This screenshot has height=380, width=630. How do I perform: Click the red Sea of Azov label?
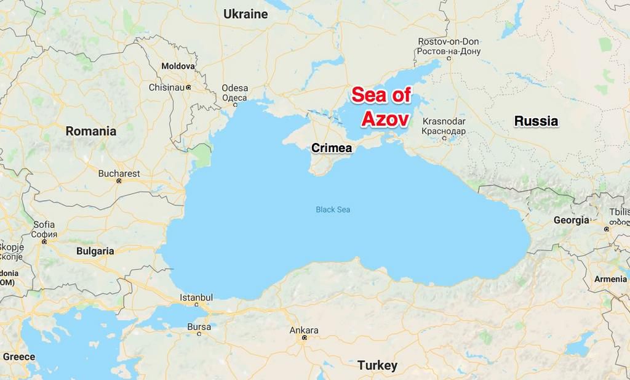(x=381, y=107)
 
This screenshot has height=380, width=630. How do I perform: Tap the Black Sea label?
(x=333, y=209)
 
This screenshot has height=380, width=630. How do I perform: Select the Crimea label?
(x=332, y=148)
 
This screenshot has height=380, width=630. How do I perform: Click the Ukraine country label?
(x=245, y=14)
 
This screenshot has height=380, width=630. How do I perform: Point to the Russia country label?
(x=536, y=121)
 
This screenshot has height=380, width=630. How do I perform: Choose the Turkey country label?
(x=377, y=365)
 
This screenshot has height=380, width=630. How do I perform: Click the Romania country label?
(x=90, y=131)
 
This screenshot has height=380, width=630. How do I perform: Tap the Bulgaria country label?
(x=95, y=251)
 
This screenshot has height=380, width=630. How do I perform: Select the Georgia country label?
(x=571, y=220)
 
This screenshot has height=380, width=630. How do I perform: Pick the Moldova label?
(x=178, y=66)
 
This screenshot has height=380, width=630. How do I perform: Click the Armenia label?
(x=610, y=279)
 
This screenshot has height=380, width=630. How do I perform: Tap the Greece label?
(x=18, y=357)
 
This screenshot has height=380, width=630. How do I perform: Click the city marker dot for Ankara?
(x=304, y=338)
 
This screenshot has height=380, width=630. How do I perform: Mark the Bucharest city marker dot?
(x=119, y=181)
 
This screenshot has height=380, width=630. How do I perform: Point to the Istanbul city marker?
(x=197, y=304)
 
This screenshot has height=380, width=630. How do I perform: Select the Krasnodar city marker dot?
(x=444, y=138)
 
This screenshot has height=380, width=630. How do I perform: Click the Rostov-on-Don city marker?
(x=449, y=59)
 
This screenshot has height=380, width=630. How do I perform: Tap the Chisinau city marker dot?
(x=188, y=87)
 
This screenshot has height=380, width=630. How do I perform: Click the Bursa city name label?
(x=199, y=326)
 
